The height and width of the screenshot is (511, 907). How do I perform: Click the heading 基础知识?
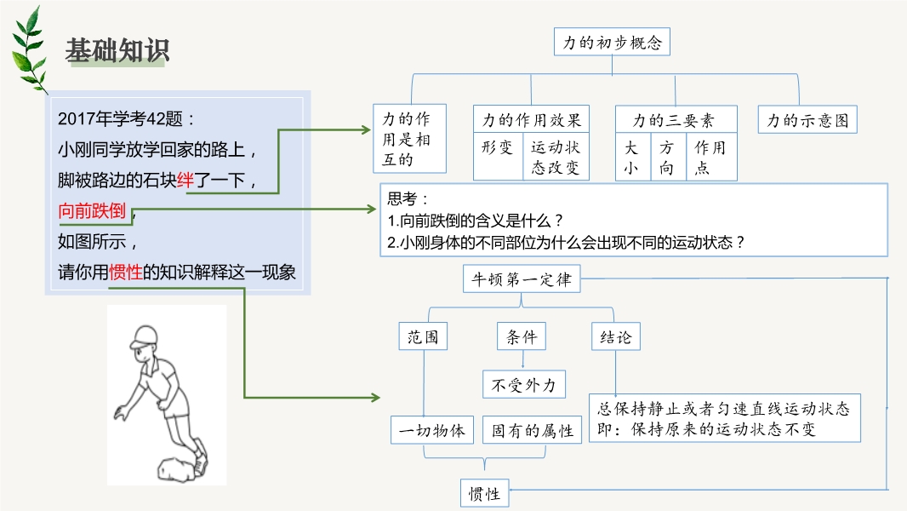coord(117,50)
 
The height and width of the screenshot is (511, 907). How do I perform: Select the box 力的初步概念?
coord(612,42)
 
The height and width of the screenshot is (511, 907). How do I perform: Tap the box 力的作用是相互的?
coord(409,139)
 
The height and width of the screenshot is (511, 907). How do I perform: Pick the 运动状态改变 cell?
coord(556,157)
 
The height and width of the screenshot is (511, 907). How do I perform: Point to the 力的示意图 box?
coord(807,120)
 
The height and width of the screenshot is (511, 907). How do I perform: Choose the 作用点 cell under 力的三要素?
coord(711,157)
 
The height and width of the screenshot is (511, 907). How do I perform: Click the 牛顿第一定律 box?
coord(522,279)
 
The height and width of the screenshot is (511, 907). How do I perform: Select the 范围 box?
coord(423,336)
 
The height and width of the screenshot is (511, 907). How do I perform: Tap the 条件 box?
coord(522,336)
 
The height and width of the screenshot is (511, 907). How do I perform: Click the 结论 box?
coord(615,336)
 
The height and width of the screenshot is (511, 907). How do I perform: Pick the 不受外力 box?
coord(524,384)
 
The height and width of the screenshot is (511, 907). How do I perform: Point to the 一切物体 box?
coord(432,430)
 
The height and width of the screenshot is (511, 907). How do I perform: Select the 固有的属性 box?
coord(532,430)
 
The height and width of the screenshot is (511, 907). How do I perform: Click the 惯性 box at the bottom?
coord(485,493)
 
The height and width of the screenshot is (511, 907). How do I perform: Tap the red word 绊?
coord(185,180)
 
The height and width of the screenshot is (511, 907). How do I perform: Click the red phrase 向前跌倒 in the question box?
coord(92,210)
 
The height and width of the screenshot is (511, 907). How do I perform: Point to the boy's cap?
coord(144,336)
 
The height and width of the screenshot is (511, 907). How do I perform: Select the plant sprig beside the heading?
coord(29,50)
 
